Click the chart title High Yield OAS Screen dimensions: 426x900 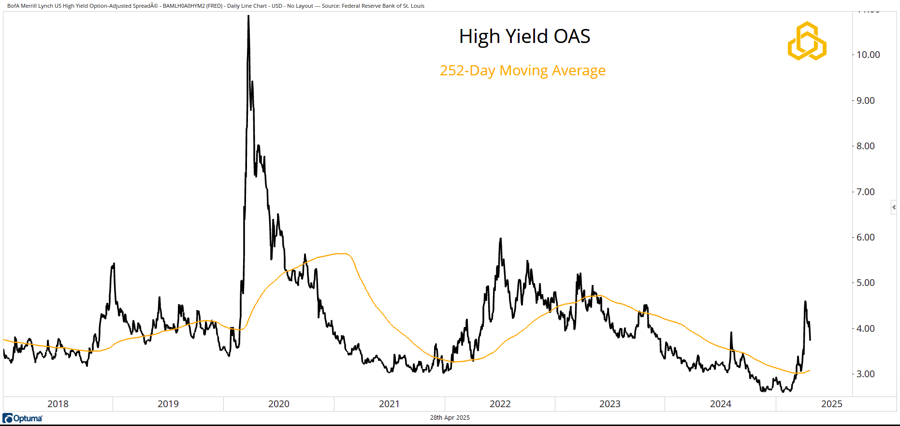click(x=524, y=37)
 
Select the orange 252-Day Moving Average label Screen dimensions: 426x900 click(x=522, y=71)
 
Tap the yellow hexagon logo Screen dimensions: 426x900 click(x=807, y=41)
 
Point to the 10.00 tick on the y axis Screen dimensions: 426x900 click(x=868, y=55)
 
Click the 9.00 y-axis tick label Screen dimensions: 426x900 click(x=865, y=100)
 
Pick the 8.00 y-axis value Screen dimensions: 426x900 click(x=865, y=146)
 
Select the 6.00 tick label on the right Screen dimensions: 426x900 click(x=865, y=237)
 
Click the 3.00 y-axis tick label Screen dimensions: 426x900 click(x=865, y=374)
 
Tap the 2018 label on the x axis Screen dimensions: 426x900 click(x=58, y=404)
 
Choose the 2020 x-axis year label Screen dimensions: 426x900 click(x=279, y=404)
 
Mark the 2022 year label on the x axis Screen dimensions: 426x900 click(x=500, y=404)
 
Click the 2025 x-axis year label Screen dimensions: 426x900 click(x=831, y=404)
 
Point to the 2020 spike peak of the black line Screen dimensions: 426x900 click(x=248, y=16)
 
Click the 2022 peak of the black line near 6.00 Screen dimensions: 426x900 click(x=500, y=239)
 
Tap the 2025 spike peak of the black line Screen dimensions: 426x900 click(x=805, y=302)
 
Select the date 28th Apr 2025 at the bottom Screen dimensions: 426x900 click(x=450, y=418)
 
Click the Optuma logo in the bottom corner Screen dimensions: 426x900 click(x=23, y=418)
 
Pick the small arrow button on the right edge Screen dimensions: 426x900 click(x=894, y=207)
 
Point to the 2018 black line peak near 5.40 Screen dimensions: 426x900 click(x=114, y=264)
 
